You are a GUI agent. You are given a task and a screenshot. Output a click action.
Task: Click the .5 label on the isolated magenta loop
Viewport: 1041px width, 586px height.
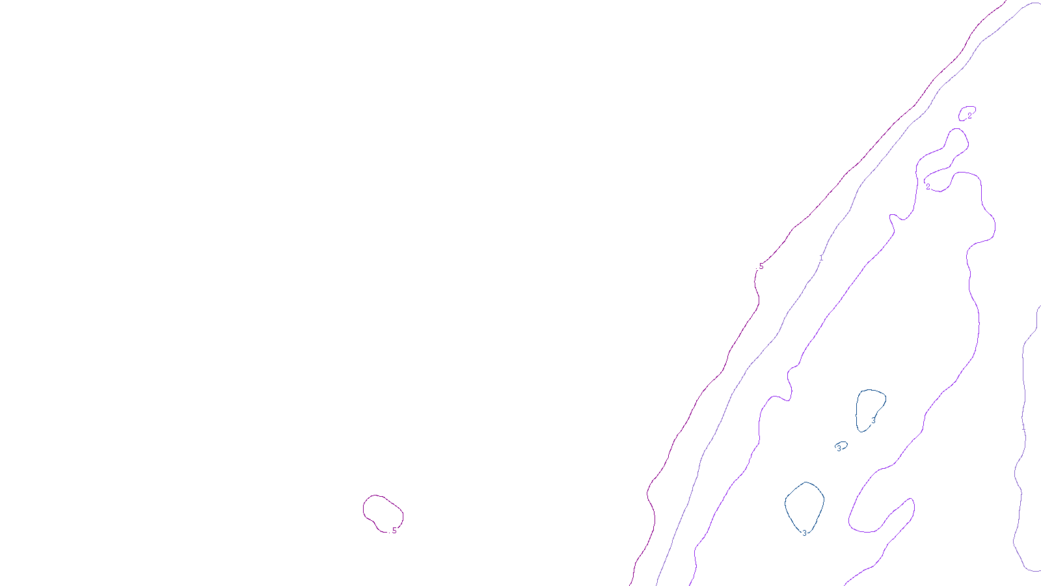pyautogui.click(x=394, y=531)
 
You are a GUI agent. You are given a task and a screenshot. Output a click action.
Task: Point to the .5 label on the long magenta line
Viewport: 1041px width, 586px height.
pyautogui.click(x=761, y=266)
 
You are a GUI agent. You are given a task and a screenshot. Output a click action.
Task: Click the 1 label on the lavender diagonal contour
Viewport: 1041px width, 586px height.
pyautogui.click(x=821, y=258)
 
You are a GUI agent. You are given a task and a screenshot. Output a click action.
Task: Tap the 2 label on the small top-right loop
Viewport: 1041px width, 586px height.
pyautogui.click(x=969, y=116)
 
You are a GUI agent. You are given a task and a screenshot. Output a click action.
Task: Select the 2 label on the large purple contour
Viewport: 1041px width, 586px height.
pyautogui.click(x=928, y=187)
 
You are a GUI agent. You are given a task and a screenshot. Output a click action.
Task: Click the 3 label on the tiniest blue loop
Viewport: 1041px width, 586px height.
pyautogui.click(x=839, y=448)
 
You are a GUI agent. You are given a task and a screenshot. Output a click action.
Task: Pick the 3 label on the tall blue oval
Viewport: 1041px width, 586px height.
pyautogui.click(x=873, y=421)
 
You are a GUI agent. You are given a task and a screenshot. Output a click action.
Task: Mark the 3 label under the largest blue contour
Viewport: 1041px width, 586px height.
pyautogui.click(x=804, y=533)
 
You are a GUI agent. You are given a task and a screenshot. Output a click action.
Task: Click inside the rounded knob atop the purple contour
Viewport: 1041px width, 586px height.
pyautogui.click(x=956, y=140)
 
